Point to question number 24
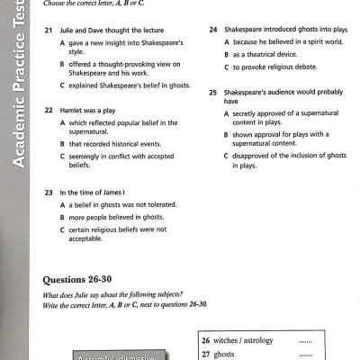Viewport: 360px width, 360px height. coord(213,30)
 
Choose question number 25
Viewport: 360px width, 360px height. coord(213,92)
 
